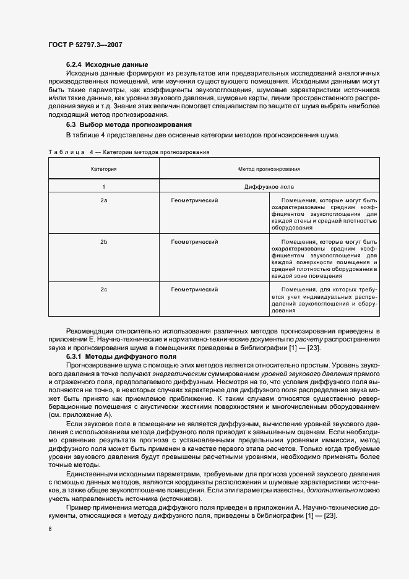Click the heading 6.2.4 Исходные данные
pos(107,64)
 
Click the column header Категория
pos(104,168)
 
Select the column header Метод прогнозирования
pos(269,168)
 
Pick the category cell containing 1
pos(104,187)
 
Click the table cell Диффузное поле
pos(269,187)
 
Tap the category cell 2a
pos(104,201)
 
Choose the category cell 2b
pos(104,242)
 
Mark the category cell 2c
pos(104,289)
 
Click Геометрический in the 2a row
pos(194,201)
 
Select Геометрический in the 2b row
pos(194,242)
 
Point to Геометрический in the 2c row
pos(194,289)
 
